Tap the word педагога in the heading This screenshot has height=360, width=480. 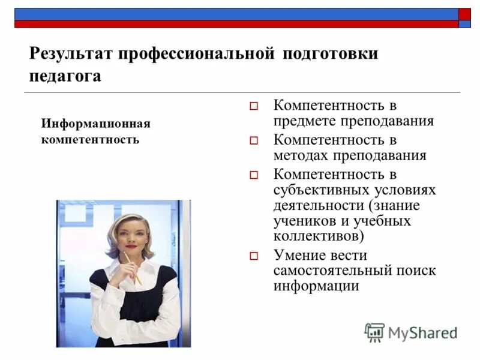65,76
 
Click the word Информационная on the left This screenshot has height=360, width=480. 95,124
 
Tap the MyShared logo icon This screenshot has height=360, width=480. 374,332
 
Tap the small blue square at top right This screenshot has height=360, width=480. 465,25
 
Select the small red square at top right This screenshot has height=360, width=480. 465,14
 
